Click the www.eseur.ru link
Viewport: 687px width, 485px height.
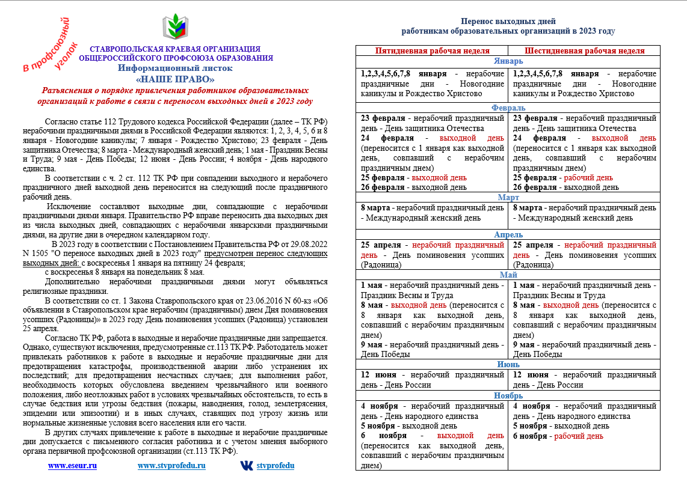pos(72,465)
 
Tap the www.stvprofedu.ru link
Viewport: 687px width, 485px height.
pos(171,465)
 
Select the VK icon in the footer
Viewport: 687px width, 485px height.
pos(247,465)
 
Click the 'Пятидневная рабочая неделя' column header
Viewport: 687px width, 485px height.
pos(432,51)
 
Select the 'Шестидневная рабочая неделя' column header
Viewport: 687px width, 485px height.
pos(584,51)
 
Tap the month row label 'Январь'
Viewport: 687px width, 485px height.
pos(508,61)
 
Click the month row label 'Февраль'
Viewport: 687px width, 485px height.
pos(508,107)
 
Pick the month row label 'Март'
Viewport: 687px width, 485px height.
pos(508,197)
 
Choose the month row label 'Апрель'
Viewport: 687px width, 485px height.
pos(508,234)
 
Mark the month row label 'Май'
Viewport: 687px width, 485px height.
pos(508,275)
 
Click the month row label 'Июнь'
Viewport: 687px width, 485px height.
pos(508,364)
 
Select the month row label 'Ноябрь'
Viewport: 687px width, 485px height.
pos(508,395)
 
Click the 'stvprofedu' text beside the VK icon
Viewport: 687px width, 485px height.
pos(276,465)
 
